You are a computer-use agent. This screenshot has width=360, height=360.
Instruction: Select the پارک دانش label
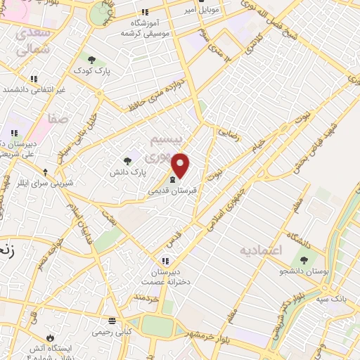129,171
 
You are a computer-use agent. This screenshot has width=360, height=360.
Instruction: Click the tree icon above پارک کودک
91,58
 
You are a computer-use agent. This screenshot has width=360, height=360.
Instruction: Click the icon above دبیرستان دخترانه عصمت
165,259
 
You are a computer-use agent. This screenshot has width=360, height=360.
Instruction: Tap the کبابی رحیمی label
112,330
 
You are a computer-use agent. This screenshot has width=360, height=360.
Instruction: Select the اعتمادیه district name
260,250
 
